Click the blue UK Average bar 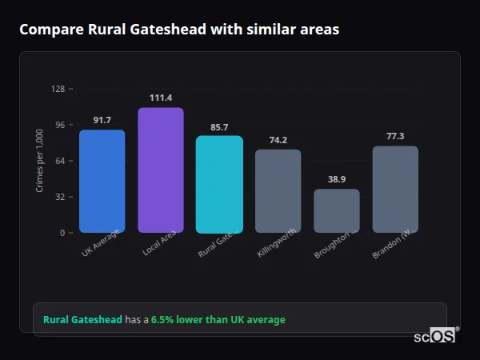click(x=102, y=181)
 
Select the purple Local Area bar click(x=160, y=170)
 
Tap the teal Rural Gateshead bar click(x=219, y=184)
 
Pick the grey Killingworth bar click(x=278, y=190)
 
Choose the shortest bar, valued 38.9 click(x=336, y=210)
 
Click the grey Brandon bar click(x=395, y=189)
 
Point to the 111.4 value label click(x=160, y=98)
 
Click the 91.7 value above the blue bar click(x=102, y=120)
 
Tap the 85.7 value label click(x=219, y=126)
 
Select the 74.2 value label click(x=278, y=140)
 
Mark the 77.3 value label click(x=395, y=136)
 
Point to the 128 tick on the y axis click(x=58, y=89)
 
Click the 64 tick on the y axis click(x=60, y=161)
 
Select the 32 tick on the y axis click(x=60, y=197)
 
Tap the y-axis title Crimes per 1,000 click(x=39, y=161)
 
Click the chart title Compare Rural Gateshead click(x=179, y=30)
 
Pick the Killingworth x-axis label click(x=278, y=243)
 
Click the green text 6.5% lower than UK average click(x=218, y=320)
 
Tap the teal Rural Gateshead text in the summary click(x=82, y=320)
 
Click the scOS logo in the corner click(x=434, y=336)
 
